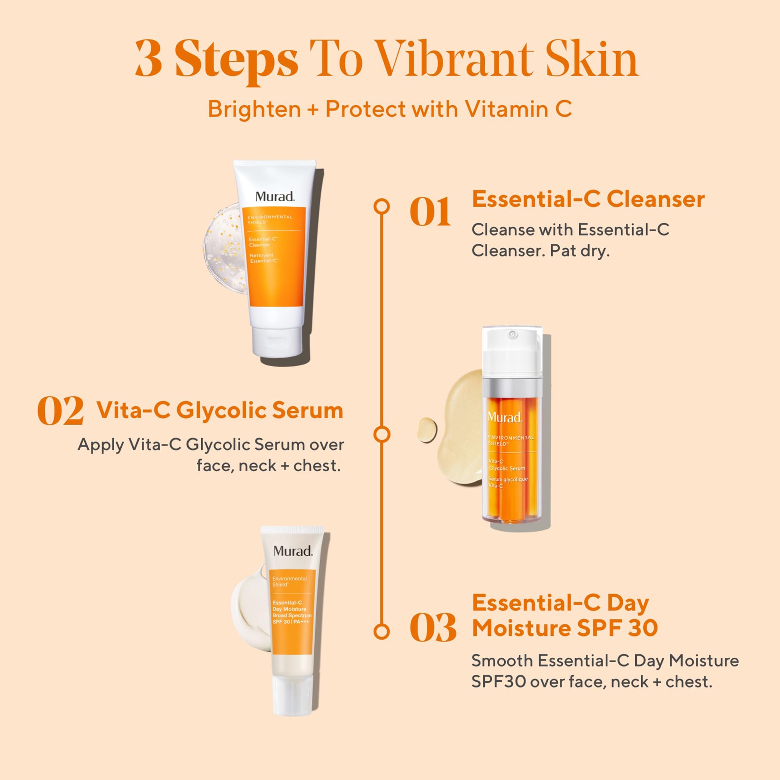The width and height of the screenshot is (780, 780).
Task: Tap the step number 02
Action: [60, 411]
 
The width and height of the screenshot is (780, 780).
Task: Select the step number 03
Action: [433, 628]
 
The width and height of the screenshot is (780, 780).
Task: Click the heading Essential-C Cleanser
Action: [588, 199]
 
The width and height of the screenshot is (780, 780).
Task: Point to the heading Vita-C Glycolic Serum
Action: [220, 411]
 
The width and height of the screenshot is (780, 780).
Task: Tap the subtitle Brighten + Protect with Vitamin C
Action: [390, 109]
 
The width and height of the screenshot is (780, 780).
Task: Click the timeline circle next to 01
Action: [381, 206]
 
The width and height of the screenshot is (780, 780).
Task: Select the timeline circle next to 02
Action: [381, 434]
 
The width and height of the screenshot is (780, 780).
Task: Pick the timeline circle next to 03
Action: [381, 631]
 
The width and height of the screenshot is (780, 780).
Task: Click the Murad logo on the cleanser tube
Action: [275, 197]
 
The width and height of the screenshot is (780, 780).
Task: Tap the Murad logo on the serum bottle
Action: [505, 417]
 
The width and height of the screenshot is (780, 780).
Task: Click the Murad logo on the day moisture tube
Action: [293, 551]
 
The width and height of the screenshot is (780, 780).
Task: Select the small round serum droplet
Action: [427, 429]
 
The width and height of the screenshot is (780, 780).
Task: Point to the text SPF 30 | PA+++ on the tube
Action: [290, 622]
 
